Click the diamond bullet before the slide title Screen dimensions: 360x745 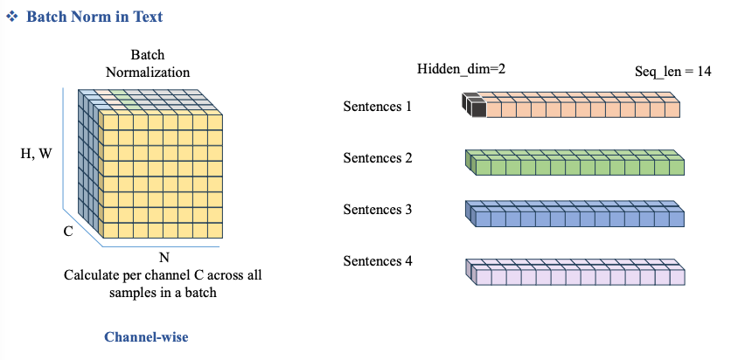click(12, 17)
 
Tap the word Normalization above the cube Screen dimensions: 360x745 click(148, 72)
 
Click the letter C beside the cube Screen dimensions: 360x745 click(67, 232)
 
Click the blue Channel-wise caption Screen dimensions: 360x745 click(146, 336)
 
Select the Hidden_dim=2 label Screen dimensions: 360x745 click(462, 69)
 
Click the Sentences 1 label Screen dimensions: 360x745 click(377, 107)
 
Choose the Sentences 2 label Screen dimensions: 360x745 click(377, 158)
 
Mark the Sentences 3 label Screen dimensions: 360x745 click(377, 210)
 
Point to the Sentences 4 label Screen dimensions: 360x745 click(377, 260)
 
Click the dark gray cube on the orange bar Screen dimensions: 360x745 click(474, 106)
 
